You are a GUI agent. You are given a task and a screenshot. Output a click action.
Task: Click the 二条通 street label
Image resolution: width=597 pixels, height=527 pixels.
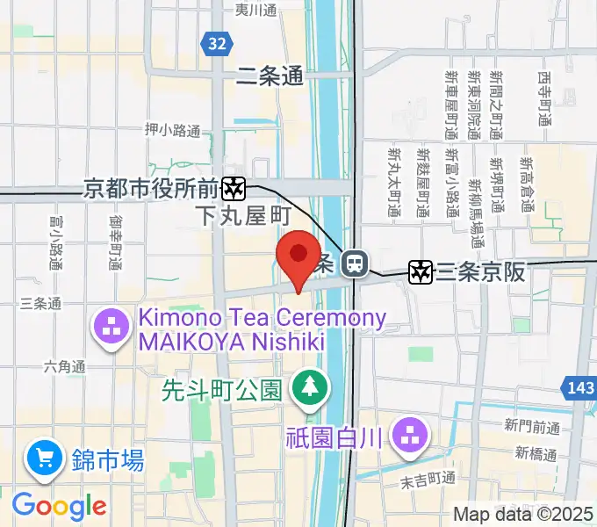pos(270,77)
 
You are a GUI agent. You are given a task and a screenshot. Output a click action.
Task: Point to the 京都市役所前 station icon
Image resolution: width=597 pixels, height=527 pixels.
pos(233,187)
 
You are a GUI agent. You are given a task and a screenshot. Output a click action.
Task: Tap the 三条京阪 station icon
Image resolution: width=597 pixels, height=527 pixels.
pos(421,272)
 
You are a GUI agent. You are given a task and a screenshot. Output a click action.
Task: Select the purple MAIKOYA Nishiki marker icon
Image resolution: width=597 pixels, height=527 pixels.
pos(111,330)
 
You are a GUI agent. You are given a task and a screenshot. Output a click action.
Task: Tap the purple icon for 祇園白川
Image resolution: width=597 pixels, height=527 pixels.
pos(408,435)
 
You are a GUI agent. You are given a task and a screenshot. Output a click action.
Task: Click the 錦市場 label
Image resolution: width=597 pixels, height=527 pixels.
pos(109,458)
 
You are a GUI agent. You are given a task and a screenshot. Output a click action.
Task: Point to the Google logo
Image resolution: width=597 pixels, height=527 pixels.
pos(59,506)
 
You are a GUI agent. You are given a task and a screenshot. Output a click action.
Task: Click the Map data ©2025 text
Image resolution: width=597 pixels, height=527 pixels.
pos(523,515)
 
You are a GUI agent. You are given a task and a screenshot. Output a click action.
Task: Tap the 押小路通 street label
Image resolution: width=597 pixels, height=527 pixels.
pos(173,130)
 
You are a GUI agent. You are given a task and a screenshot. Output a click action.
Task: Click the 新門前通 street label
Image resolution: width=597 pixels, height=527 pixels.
pos(531,427)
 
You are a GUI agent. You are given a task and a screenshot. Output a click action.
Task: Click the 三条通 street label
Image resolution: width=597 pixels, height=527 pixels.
pos(40,304)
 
